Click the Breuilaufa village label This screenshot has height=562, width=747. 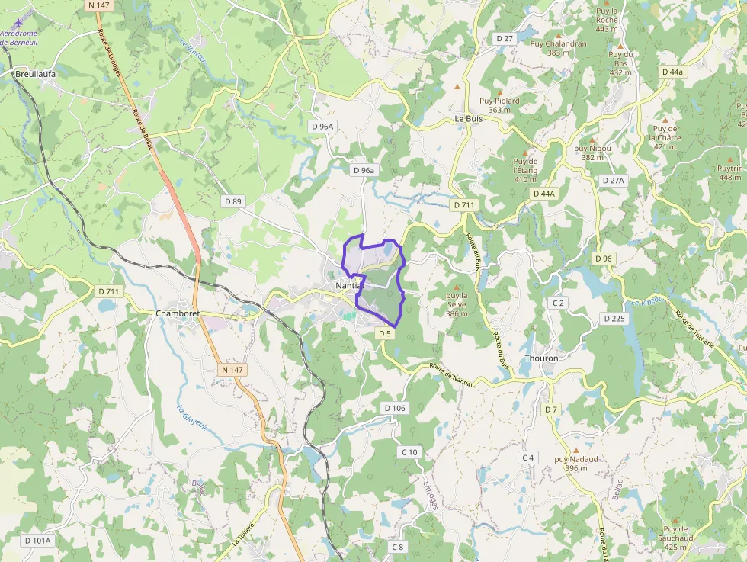35,74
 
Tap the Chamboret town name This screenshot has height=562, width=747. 177,313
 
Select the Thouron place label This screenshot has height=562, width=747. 541,358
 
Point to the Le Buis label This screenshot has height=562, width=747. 469,119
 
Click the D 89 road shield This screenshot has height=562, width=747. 233,201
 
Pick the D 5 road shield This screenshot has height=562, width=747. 384,333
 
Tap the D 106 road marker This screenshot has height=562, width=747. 395,409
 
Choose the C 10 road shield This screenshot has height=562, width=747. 409,452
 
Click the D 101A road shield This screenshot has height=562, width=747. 37,541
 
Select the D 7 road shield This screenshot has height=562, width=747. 551,409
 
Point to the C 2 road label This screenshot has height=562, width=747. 558,303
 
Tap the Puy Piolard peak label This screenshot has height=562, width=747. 499,101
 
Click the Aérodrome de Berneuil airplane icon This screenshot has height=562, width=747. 16,21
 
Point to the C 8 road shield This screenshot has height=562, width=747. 397,547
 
